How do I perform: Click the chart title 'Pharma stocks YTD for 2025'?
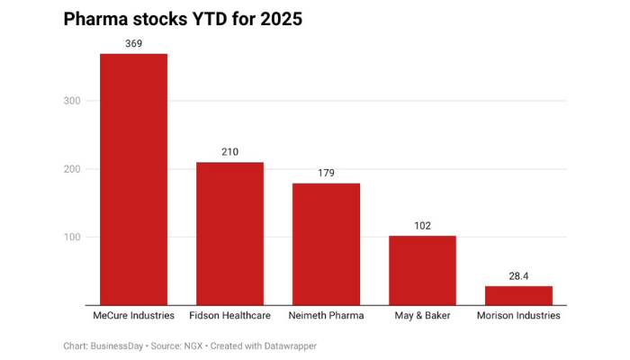(x=183, y=19)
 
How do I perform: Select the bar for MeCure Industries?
(x=133, y=180)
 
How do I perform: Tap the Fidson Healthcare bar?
(x=229, y=234)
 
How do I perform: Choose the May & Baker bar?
(x=422, y=271)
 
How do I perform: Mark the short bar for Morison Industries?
(x=518, y=296)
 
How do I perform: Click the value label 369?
(x=133, y=43)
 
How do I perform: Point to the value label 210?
(x=229, y=152)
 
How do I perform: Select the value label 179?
(x=326, y=173)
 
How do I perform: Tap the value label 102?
(x=422, y=226)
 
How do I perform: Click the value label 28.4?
(x=518, y=275)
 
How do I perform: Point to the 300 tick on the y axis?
(x=73, y=101)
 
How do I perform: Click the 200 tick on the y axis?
(x=73, y=169)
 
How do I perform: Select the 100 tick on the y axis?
(x=73, y=238)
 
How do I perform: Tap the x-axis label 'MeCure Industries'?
(x=133, y=317)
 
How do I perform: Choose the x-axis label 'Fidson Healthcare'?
(x=229, y=317)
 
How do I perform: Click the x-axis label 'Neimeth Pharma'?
(x=326, y=317)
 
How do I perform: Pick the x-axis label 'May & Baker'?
(x=422, y=317)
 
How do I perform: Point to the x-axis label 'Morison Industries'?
(x=518, y=317)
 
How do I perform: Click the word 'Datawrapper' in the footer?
(x=290, y=346)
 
